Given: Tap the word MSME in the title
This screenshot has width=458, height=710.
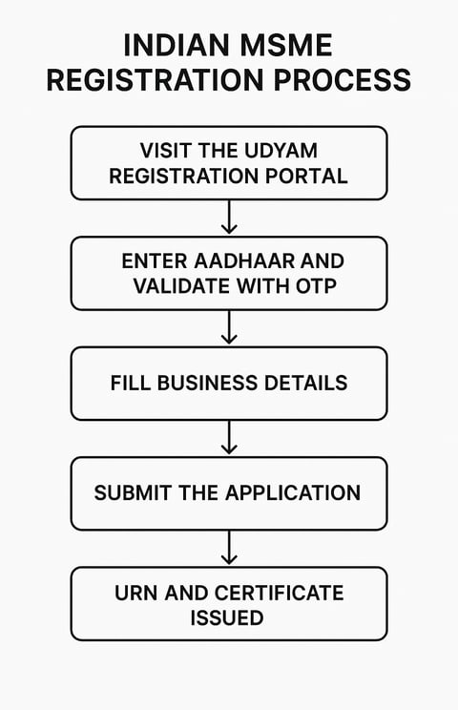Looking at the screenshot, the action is (x=287, y=45).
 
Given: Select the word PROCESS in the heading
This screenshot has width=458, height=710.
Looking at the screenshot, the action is (x=343, y=80).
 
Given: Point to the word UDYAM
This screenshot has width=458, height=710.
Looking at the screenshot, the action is (x=281, y=151).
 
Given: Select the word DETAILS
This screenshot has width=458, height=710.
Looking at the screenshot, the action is (x=306, y=383).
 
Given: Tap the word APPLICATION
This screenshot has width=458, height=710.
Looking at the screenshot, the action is (x=293, y=493).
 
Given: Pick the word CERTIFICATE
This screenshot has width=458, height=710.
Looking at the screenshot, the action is (x=280, y=594).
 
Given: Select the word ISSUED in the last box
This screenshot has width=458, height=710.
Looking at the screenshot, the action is (x=227, y=618).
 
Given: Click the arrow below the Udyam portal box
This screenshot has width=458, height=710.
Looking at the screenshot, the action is (x=229, y=217).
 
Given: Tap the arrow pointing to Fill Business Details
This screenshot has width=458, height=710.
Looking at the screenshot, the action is (x=229, y=327).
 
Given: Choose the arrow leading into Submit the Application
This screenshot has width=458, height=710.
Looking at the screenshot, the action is (x=229, y=437).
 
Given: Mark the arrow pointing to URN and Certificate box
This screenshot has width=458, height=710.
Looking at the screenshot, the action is (x=229, y=548).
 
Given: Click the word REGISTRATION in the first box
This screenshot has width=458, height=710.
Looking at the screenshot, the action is (x=185, y=176).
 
